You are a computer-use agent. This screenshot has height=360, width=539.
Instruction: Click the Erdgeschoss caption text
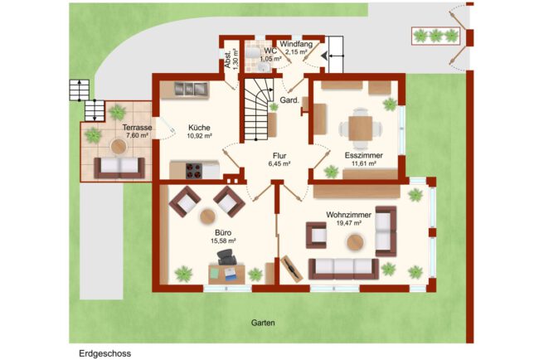(104, 353)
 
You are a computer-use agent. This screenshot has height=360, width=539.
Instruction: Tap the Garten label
(263, 323)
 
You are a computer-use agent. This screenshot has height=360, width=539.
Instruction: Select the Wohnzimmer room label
(348, 215)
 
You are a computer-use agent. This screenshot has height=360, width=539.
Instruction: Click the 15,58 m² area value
(223, 241)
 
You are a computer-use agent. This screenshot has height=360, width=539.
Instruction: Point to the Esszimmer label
(364, 155)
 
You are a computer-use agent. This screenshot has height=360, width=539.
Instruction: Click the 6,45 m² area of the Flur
(279, 164)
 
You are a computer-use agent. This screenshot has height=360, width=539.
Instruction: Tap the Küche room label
(199, 128)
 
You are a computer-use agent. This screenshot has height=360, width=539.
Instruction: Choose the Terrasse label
(137, 128)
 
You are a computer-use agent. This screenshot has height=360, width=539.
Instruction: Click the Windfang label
(296, 44)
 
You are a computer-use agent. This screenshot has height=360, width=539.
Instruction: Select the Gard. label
(289, 100)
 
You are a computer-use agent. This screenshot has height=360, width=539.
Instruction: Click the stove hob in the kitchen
(194, 171)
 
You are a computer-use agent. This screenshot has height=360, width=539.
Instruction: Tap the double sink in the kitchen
(191, 89)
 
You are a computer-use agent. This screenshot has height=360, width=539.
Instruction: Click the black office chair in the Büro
(227, 257)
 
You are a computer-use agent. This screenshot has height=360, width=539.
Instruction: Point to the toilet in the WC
(253, 52)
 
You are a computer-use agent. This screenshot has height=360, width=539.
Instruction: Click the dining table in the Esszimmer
(360, 129)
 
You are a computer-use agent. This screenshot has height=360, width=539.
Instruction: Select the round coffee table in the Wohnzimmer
(355, 242)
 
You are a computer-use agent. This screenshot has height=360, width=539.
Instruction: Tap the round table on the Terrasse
(119, 147)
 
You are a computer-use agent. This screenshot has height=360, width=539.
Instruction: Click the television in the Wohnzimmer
(292, 268)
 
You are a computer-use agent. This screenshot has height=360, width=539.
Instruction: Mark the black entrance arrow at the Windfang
(323, 56)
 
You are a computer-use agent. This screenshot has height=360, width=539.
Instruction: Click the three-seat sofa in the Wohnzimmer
(344, 269)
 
